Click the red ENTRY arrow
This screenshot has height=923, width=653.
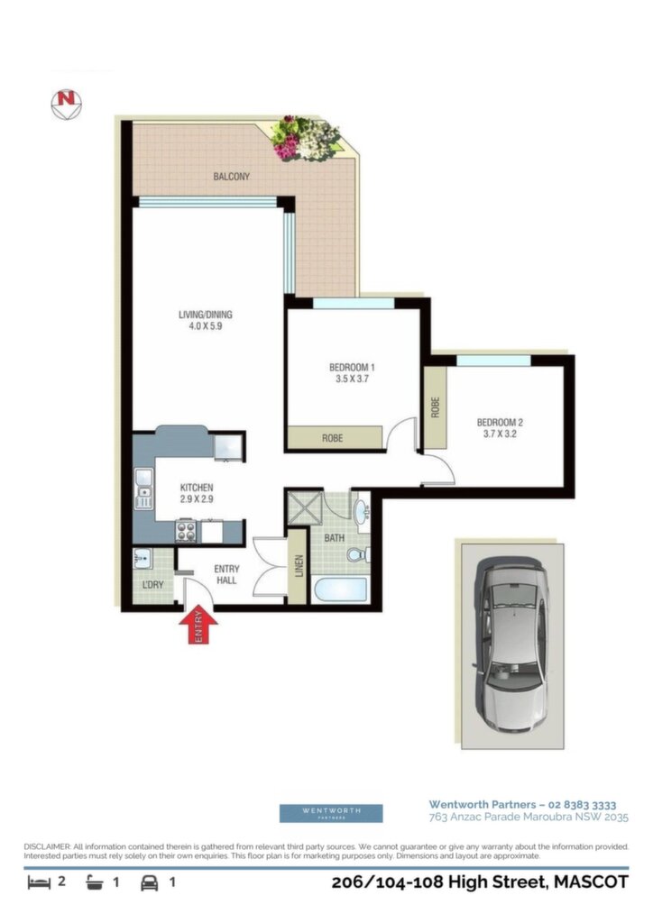198,624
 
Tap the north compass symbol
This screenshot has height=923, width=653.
66,105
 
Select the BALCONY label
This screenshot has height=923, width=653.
232,176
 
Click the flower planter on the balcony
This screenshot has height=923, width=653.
304,138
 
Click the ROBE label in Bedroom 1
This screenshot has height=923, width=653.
332,438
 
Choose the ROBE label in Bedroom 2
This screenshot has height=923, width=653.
435,407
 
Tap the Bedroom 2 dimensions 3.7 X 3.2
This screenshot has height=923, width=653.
500,434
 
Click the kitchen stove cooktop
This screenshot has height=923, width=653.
186,532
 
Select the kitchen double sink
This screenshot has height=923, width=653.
143,488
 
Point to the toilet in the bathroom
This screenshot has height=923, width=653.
358,554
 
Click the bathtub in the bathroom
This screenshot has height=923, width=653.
340,589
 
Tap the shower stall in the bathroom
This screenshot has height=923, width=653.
305,508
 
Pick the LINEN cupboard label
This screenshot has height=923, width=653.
299,566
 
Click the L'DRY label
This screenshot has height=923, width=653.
153,584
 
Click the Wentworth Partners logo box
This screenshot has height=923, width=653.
331,813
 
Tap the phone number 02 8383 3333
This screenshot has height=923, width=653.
582,805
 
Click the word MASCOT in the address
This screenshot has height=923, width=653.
591,882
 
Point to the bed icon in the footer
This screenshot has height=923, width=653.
39,882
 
